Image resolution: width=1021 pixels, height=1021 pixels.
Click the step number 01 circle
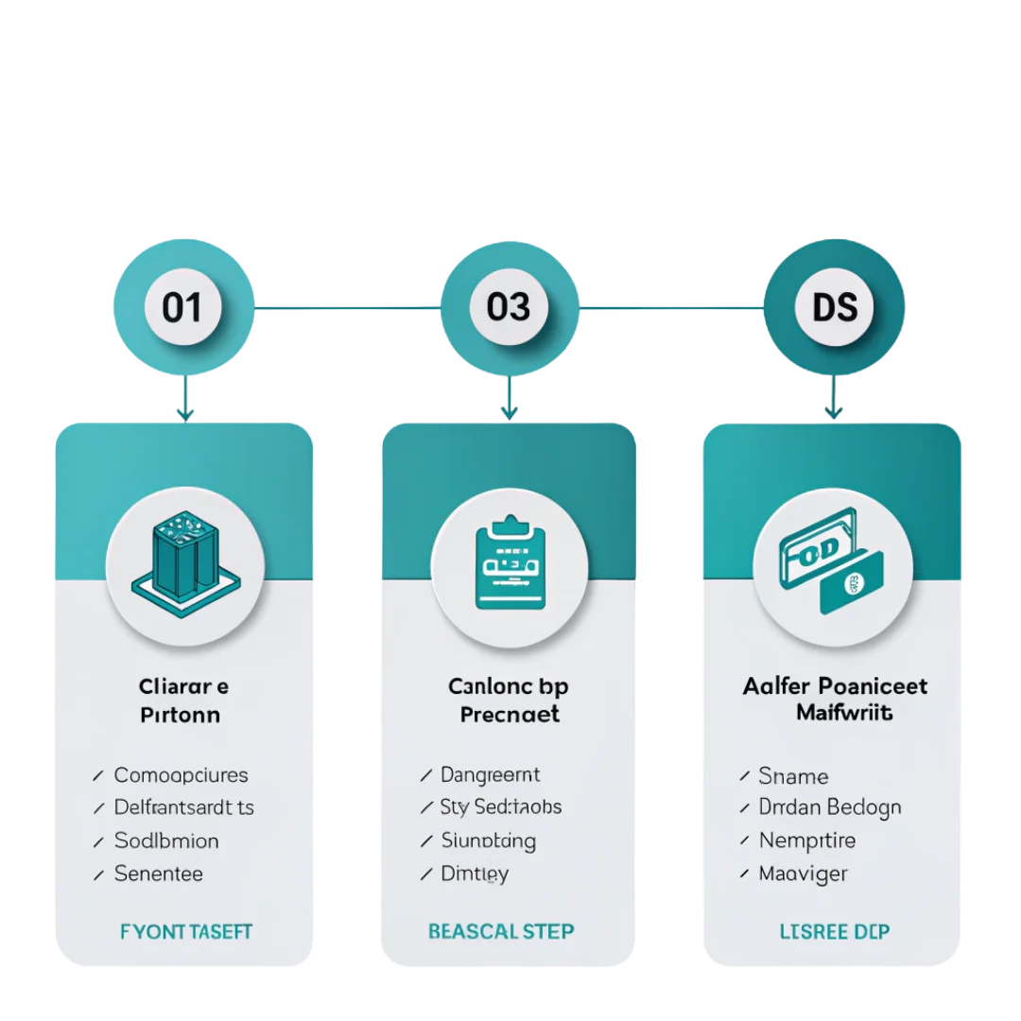pos(182,307)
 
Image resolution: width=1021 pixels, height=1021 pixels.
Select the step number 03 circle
pos(509,307)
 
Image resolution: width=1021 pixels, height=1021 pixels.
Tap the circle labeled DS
pos(834,307)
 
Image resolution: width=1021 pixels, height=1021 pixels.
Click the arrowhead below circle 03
pos(510,411)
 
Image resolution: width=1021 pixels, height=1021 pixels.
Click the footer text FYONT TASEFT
pos(186,931)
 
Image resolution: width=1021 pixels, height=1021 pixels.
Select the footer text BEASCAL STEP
pos(501,931)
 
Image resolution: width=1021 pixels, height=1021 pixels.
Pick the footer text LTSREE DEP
pos(834,931)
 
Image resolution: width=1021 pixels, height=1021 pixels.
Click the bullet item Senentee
pos(158,874)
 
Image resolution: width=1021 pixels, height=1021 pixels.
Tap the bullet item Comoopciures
pos(181,775)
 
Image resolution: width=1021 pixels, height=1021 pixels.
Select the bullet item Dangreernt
pos(491,775)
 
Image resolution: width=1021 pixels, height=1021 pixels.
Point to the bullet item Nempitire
pos(806,839)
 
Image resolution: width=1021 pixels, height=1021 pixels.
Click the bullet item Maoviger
pos(803,874)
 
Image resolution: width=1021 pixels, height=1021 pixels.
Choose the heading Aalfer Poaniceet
pos(835,685)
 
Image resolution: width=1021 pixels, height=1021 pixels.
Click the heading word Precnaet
pos(510,714)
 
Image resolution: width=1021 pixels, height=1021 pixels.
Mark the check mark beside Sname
pos(743,776)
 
